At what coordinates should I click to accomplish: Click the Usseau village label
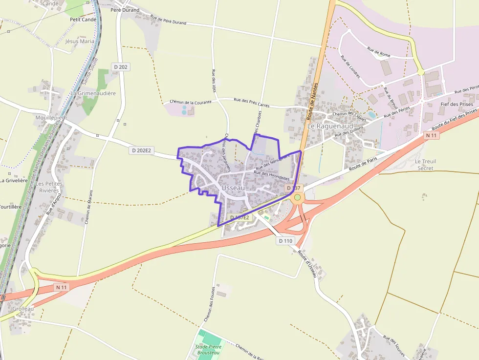pyautogui.click(x=233, y=188)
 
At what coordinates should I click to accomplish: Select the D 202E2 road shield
pyautogui.click(x=142, y=150)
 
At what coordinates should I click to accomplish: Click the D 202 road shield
pyautogui.click(x=121, y=66)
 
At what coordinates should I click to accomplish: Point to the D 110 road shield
pyautogui.click(x=285, y=240)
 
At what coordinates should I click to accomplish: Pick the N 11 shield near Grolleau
pyautogui.click(x=61, y=287)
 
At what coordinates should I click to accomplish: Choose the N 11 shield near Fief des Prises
pyautogui.click(x=431, y=135)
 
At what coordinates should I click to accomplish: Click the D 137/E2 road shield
pyautogui.click(x=239, y=217)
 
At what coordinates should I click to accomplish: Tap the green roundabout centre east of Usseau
pyautogui.click(x=297, y=197)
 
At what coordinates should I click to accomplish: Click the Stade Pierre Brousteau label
pyautogui.click(x=208, y=349)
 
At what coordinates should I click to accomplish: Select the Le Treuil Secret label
pyautogui.click(x=425, y=165)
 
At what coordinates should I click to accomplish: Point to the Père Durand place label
pyautogui.click(x=125, y=10)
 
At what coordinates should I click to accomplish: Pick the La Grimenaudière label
pyautogui.click(x=93, y=93)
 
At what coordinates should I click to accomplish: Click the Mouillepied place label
pyautogui.click(x=50, y=118)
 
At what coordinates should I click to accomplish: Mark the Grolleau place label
pyautogui.click(x=23, y=308)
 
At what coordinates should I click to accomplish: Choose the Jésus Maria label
pyautogui.click(x=80, y=42)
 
